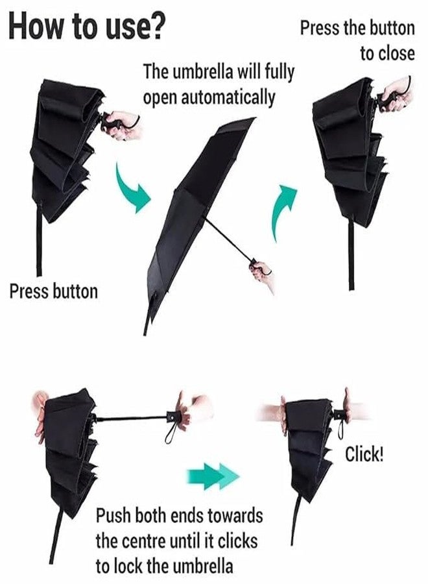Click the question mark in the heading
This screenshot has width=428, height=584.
coord(156,27)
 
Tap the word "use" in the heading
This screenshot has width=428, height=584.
coord(126,30)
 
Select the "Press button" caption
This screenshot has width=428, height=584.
coord(54,291)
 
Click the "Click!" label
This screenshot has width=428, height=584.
coord(364,454)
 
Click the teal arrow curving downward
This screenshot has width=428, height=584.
coord(132,190)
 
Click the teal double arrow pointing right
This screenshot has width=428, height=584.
coord(212,476)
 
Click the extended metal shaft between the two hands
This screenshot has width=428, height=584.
coord(132,419)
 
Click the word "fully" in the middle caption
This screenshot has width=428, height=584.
coord(279,72)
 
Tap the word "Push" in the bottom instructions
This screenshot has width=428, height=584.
coord(113,516)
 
